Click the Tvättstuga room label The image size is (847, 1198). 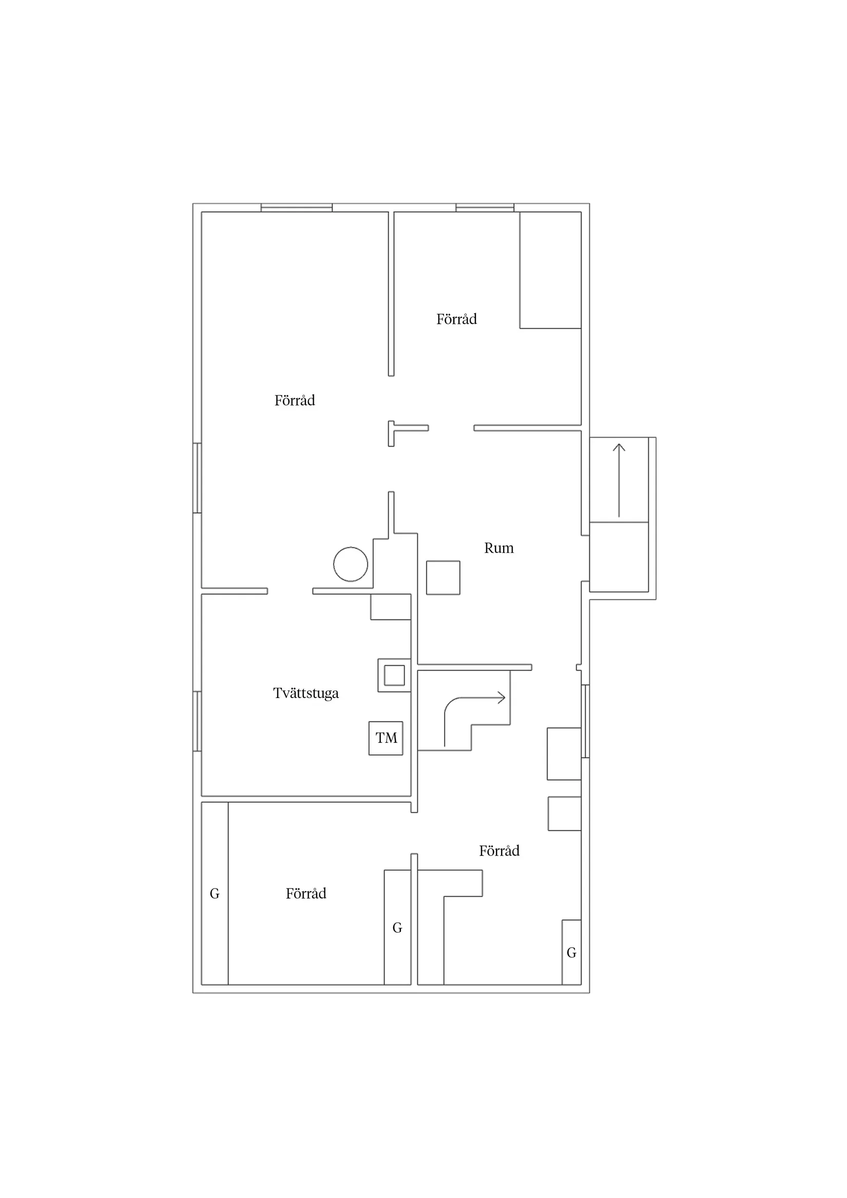[306, 693]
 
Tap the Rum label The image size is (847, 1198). [499, 548]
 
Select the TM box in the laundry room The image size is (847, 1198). [386, 738]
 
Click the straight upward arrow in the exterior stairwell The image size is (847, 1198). [619, 480]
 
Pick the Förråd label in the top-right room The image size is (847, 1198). [457, 319]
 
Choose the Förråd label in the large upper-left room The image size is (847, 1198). [295, 400]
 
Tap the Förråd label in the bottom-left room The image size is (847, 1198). [306, 893]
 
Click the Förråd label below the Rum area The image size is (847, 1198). [499, 851]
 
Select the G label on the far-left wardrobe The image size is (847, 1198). [215, 894]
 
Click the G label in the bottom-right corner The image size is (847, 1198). [571, 953]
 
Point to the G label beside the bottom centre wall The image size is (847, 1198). [397, 928]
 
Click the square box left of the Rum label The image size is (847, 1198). [443, 577]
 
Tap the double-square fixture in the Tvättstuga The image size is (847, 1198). [395, 675]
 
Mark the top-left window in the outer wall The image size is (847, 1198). [296, 208]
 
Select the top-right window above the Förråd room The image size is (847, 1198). [485, 208]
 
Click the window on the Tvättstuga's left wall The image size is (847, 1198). [197, 721]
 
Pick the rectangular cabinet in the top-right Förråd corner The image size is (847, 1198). [551, 270]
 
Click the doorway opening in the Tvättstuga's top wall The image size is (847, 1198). [290, 591]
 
